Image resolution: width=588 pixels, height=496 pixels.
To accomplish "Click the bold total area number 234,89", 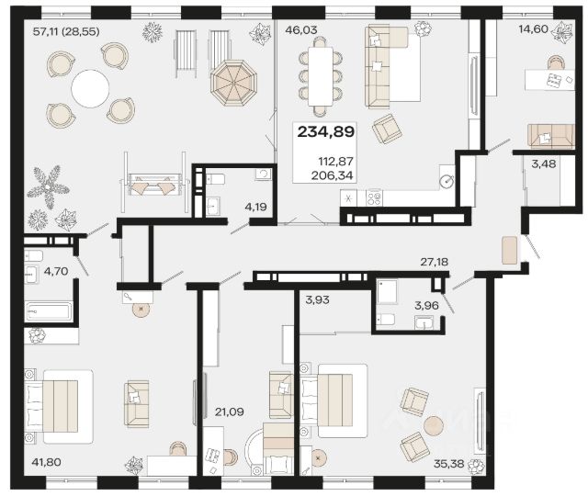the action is (x=326, y=132).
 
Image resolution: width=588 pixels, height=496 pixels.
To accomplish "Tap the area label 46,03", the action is (x=301, y=30).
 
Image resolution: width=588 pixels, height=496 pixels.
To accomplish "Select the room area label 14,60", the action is (x=534, y=28).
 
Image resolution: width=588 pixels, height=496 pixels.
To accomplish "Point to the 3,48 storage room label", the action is (x=544, y=163).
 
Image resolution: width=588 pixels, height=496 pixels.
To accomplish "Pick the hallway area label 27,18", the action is (x=434, y=261).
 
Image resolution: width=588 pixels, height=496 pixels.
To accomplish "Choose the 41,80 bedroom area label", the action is (x=47, y=462).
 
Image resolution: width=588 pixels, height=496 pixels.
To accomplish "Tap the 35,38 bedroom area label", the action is (x=449, y=464).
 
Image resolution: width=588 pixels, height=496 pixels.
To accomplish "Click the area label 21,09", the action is (x=229, y=412).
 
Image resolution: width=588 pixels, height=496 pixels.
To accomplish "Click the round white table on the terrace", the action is (x=91, y=88).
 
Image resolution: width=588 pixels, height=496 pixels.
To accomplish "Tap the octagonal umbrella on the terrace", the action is (x=234, y=83).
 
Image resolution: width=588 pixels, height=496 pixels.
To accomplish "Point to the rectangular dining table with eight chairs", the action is (x=321, y=76).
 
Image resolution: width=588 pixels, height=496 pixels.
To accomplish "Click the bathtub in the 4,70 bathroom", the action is (x=49, y=312).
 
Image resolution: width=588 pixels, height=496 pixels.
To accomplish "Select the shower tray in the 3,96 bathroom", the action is (x=387, y=291).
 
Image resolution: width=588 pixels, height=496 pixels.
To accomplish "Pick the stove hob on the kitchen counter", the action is (x=374, y=197).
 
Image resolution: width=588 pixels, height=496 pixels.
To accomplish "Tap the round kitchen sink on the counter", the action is (x=447, y=182).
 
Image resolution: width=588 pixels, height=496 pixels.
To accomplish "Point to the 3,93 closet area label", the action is (x=317, y=299).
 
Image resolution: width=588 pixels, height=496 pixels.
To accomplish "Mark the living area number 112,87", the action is (x=336, y=162).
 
